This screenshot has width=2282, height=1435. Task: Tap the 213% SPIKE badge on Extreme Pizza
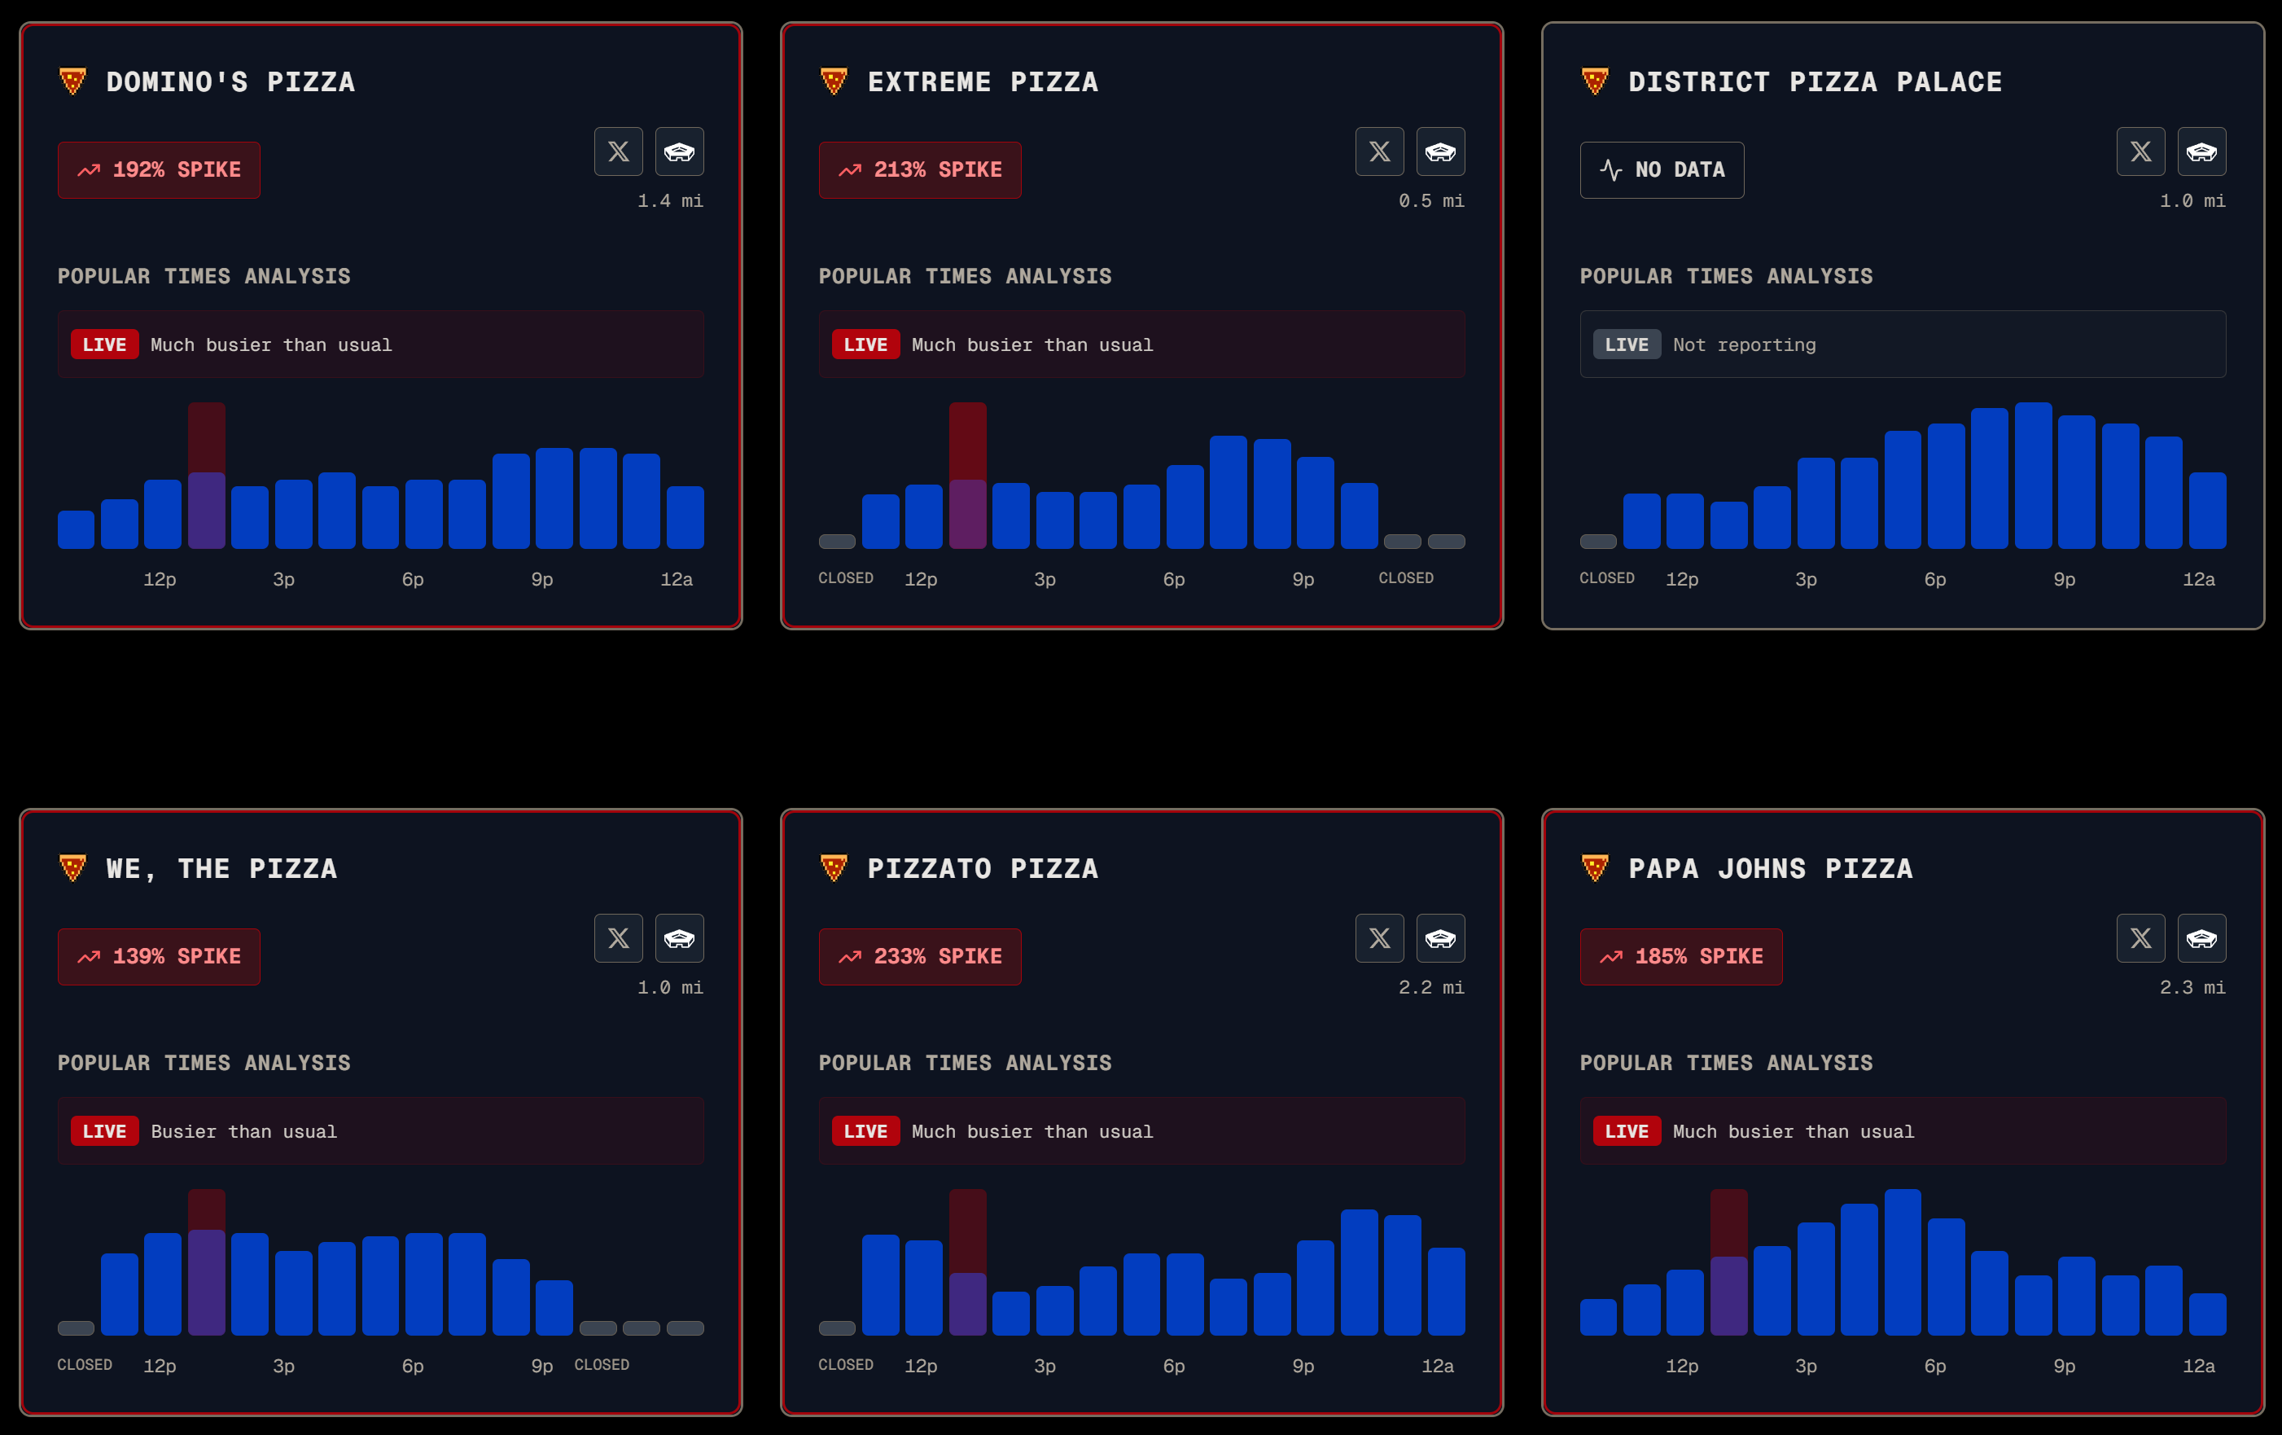(919, 169)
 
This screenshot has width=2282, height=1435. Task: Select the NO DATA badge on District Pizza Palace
(1662, 169)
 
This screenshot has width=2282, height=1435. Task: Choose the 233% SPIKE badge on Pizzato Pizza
(919, 956)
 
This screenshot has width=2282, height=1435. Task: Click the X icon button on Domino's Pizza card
(618, 151)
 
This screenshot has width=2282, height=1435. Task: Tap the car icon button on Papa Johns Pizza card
(2201, 938)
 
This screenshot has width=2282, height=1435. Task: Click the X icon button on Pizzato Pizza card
(1379, 938)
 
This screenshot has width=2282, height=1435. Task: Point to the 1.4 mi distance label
(670, 201)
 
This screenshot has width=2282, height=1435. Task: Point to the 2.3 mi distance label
(2192, 988)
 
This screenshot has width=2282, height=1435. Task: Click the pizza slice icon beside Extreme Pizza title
(833, 81)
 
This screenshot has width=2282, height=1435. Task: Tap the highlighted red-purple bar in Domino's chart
(207, 475)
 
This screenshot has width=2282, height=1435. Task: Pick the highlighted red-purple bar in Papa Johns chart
(1728, 1262)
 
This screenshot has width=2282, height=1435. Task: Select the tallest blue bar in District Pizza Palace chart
(2033, 475)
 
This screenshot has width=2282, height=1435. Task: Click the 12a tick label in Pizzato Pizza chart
(1437, 1366)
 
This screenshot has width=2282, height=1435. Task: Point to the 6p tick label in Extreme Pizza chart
(1173, 579)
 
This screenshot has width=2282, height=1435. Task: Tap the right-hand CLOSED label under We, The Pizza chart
(602, 1365)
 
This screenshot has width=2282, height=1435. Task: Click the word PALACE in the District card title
(1949, 81)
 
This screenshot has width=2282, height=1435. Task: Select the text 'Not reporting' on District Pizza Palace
(1745, 345)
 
